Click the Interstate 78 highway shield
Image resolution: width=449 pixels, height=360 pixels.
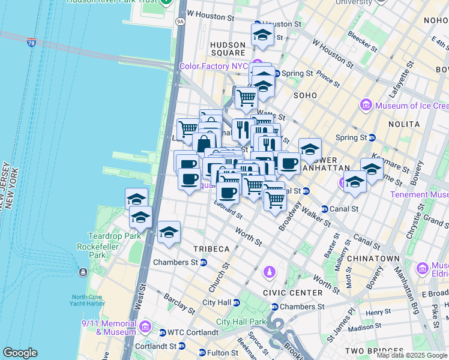tap(31, 43)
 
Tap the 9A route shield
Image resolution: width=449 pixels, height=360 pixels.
tap(179, 22)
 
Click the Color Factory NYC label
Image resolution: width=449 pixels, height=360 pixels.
tap(214, 66)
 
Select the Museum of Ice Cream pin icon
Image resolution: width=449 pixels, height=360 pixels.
tap(365, 106)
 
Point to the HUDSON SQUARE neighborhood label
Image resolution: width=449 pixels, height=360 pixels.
tap(228, 49)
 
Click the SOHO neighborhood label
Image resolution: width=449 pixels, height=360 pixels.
tap(304, 95)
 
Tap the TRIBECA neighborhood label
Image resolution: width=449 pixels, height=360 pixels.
tap(211, 248)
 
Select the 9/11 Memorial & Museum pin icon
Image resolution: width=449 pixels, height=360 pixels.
tap(145, 326)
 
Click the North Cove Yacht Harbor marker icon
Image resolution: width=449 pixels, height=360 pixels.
tap(82, 272)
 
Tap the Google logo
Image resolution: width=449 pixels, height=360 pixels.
tap(20, 353)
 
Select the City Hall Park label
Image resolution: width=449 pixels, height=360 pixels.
tap(240, 322)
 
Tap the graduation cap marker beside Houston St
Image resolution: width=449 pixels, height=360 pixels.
tap(262, 35)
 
